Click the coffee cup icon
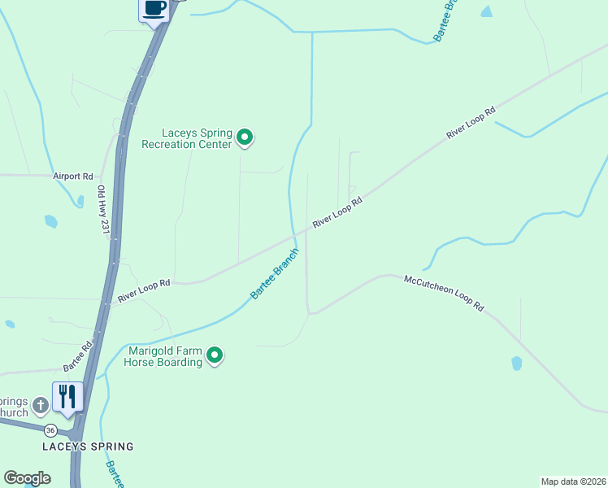[154, 9]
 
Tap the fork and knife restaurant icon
[67, 397]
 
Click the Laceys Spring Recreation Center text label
[187, 139]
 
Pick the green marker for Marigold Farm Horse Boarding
[215, 355]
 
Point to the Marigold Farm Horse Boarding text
[165, 356]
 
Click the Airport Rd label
[73, 176]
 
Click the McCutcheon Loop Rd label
[444, 293]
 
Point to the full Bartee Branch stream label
[275, 273]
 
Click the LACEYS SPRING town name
[88, 447]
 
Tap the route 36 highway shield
[50, 429]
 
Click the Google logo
[27, 478]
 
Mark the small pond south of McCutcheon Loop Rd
[516, 364]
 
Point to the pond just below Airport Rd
[51, 221]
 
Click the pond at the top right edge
[487, 11]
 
